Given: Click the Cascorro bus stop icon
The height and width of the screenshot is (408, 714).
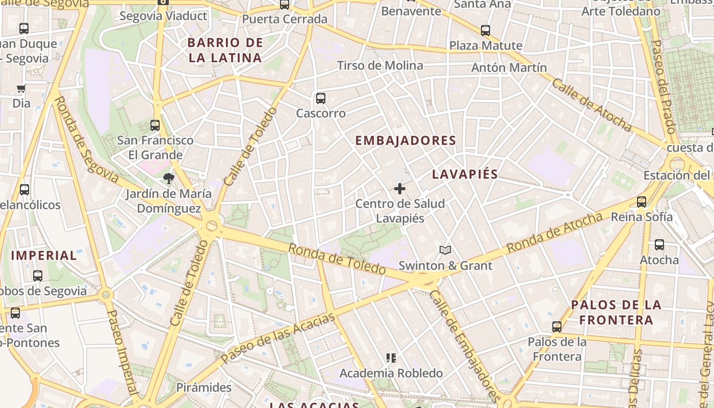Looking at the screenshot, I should coord(320,98).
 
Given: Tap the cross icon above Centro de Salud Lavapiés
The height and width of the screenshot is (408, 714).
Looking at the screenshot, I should coord(400,189).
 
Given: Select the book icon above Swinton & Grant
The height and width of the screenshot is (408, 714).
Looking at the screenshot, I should coord(445,250).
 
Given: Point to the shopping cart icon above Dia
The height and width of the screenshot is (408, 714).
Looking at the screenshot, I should coord(21,89).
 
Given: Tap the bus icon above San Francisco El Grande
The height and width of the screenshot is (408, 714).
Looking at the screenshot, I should coord(155,125).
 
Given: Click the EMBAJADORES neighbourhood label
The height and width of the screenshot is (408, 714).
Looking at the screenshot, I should coord(405,141).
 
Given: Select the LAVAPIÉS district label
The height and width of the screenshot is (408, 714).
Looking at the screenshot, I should coord(465,174).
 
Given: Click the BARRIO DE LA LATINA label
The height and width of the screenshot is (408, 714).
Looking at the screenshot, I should coord(225,50).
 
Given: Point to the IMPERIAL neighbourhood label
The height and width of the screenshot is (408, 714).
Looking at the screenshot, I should coord(44,256).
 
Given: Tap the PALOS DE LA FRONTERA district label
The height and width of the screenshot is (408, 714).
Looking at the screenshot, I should coord(616,313).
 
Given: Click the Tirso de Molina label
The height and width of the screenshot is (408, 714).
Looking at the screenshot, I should coord(380,65).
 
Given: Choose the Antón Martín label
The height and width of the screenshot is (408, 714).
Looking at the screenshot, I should coord(508,67).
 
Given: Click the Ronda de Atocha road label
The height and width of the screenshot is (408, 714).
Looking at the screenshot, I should coord(554,233).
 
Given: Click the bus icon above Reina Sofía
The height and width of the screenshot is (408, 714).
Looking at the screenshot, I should coord(642,202).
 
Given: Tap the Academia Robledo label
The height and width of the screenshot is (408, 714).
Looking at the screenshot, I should coord(391,373).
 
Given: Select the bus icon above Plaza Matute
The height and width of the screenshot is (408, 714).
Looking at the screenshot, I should coord(486,31).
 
